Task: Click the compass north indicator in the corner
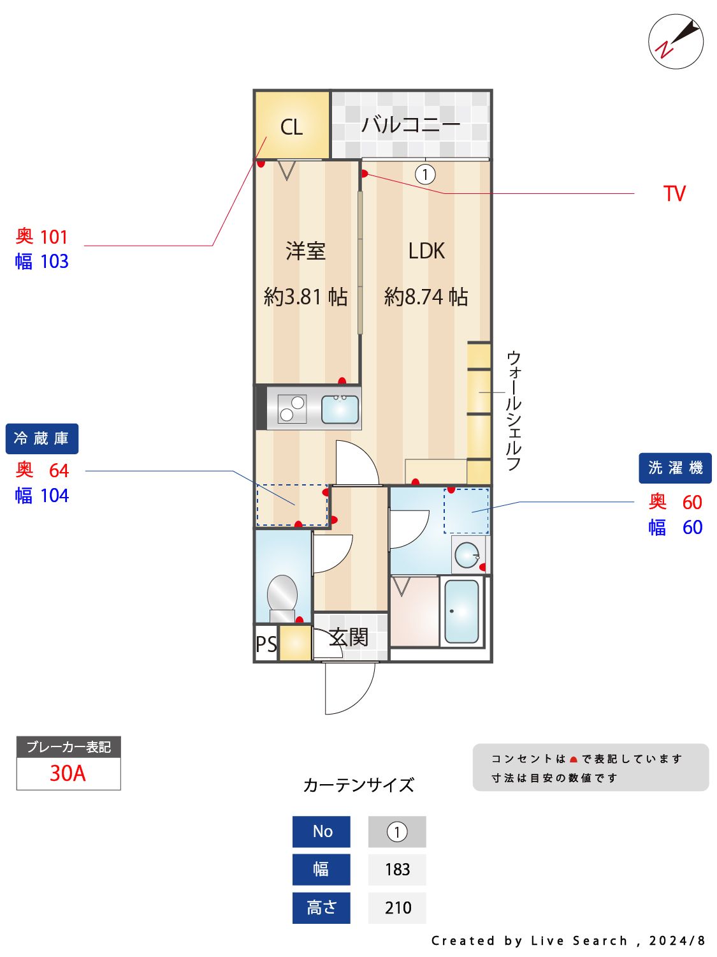(x=676, y=41)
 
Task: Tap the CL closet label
(x=291, y=127)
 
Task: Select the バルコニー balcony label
(x=410, y=124)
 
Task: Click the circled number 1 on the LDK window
(x=425, y=174)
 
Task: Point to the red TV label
(x=674, y=194)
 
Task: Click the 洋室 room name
(x=305, y=251)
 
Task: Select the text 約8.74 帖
(x=426, y=297)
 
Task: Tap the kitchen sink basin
(x=340, y=409)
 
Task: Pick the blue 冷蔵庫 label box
(x=42, y=439)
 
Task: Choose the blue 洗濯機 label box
(x=675, y=468)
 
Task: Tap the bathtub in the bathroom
(x=461, y=611)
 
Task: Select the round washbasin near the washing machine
(x=467, y=554)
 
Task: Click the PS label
(x=266, y=644)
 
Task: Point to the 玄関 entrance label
(x=349, y=637)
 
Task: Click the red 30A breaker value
(x=68, y=773)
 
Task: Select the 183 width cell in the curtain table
(x=397, y=870)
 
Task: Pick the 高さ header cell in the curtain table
(x=321, y=907)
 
